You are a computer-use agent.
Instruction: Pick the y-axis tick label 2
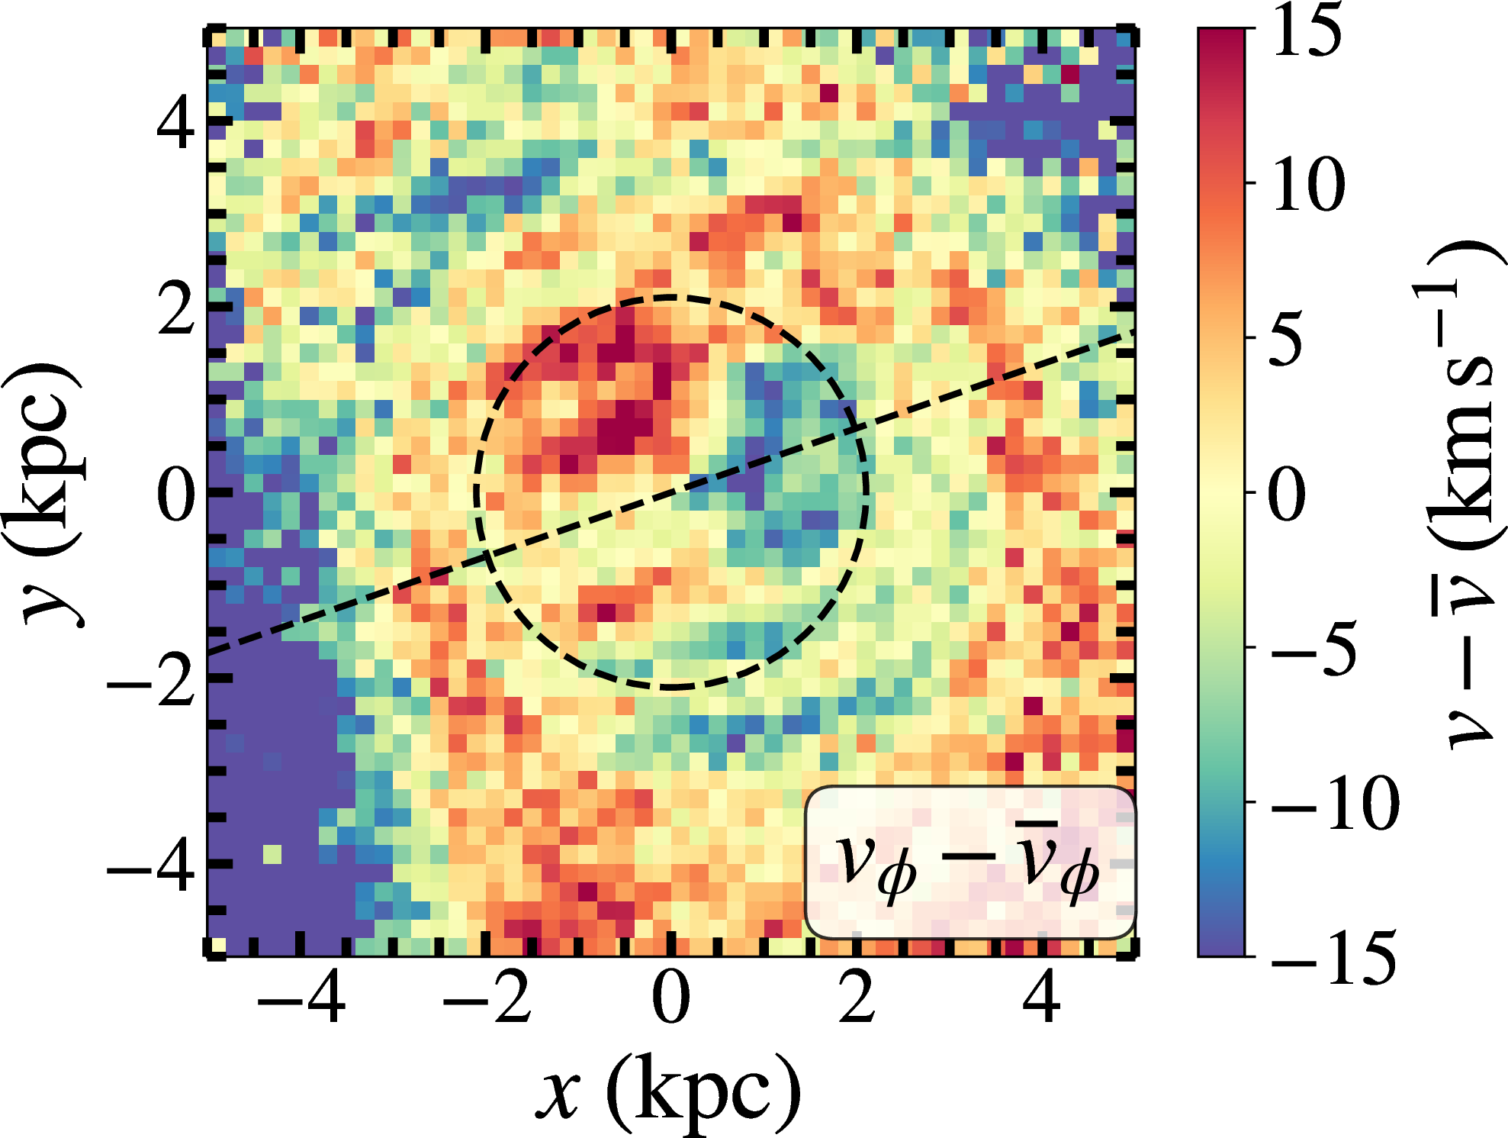coord(175,309)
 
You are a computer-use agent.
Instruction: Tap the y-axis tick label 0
coord(175,495)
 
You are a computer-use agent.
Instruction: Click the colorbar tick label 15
coord(1307,31)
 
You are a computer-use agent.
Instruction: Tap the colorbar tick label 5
coord(1287,340)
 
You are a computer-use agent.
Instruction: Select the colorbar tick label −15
coord(1333,957)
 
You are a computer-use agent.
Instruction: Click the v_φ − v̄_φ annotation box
coord(969,862)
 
